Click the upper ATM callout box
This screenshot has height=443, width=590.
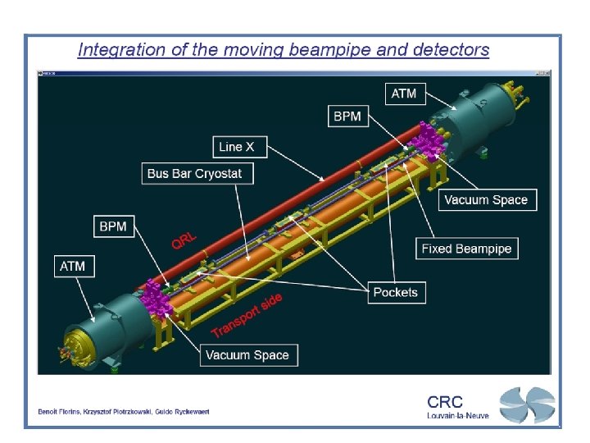(x=403, y=94)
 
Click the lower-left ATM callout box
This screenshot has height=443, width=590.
(x=72, y=266)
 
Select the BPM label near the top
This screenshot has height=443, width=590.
(x=347, y=116)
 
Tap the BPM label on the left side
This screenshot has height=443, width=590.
(x=113, y=226)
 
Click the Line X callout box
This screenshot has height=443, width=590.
(x=237, y=148)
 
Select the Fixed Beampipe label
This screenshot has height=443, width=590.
(x=466, y=249)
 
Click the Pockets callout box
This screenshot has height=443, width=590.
(x=395, y=292)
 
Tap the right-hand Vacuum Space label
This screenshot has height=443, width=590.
(x=486, y=199)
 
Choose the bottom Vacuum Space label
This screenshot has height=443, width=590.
(x=247, y=355)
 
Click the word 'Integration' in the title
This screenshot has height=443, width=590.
(x=117, y=50)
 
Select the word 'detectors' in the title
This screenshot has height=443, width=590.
(x=452, y=50)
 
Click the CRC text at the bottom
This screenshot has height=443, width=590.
(x=445, y=402)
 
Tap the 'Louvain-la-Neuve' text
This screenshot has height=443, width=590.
(x=457, y=416)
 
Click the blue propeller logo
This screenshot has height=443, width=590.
(x=527, y=405)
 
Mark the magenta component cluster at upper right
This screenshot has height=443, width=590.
(x=424, y=144)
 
